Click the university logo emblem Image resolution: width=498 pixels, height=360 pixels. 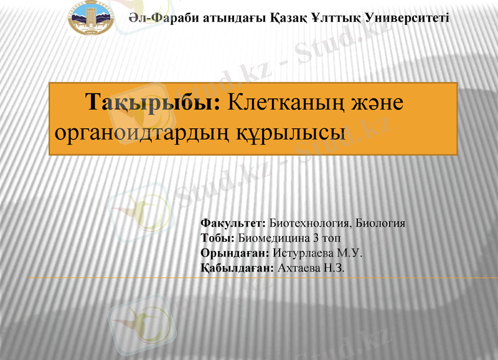(91, 18)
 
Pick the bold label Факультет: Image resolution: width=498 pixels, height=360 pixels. (233, 222)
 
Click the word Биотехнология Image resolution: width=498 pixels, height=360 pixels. (309, 222)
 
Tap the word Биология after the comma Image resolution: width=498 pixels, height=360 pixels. (381, 222)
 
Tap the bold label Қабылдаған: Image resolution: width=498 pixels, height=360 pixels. (237, 268)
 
